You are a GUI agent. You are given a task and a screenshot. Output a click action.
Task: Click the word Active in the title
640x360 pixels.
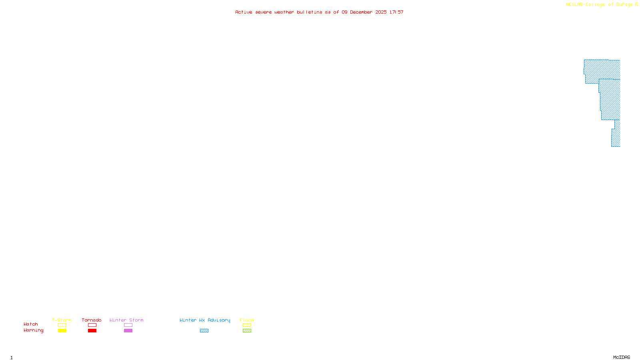(x=244, y=12)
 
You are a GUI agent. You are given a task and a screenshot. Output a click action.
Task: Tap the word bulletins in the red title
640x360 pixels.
(x=310, y=12)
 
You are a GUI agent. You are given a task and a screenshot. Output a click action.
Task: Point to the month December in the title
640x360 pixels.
(x=361, y=12)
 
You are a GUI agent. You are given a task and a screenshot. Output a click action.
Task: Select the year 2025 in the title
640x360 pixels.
(x=381, y=12)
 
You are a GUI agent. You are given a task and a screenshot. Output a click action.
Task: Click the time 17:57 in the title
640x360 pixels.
(x=396, y=12)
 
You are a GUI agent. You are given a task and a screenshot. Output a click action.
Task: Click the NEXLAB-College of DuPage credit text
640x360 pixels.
(x=599, y=4)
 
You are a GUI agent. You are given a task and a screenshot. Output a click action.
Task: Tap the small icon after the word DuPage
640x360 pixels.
(x=636, y=4)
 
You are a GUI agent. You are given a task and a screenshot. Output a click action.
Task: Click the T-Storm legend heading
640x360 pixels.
(x=62, y=320)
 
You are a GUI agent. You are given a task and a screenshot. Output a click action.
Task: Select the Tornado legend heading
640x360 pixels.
(x=92, y=320)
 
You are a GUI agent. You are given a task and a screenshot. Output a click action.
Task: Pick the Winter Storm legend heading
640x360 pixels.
(x=126, y=320)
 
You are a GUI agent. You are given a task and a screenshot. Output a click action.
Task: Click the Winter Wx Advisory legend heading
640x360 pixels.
(x=205, y=320)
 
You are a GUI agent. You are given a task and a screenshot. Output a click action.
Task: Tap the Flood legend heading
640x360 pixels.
(x=247, y=320)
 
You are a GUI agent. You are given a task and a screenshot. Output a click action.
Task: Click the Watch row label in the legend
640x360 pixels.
(x=31, y=324)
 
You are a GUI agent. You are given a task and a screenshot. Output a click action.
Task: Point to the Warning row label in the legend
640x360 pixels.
(x=33, y=330)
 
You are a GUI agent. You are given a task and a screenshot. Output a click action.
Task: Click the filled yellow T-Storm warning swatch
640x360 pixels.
(x=62, y=331)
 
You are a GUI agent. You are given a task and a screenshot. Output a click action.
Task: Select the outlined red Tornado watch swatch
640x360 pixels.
(x=92, y=325)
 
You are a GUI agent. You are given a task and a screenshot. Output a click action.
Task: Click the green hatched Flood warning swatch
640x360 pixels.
(x=247, y=331)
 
